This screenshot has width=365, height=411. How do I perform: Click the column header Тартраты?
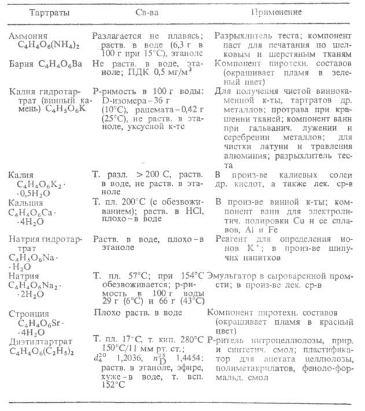coord(40,12)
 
